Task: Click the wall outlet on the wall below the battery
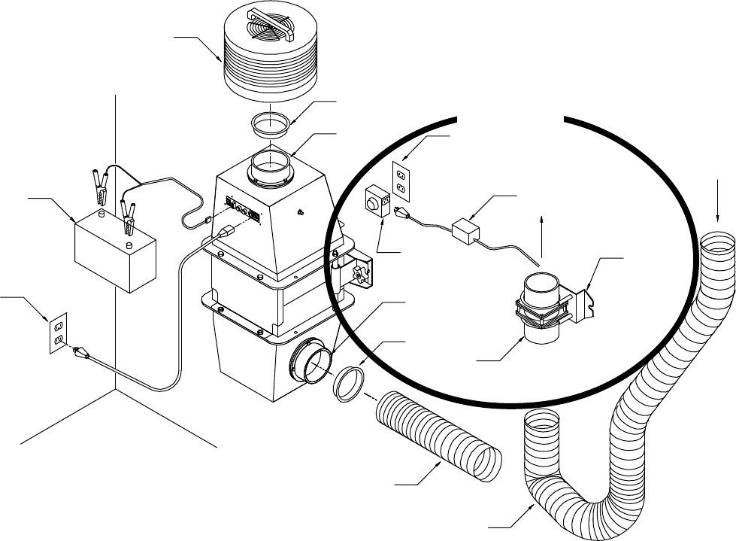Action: click(59, 332)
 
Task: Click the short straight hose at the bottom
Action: click(436, 436)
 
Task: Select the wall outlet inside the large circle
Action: click(401, 178)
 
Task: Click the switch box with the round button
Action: click(375, 203)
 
